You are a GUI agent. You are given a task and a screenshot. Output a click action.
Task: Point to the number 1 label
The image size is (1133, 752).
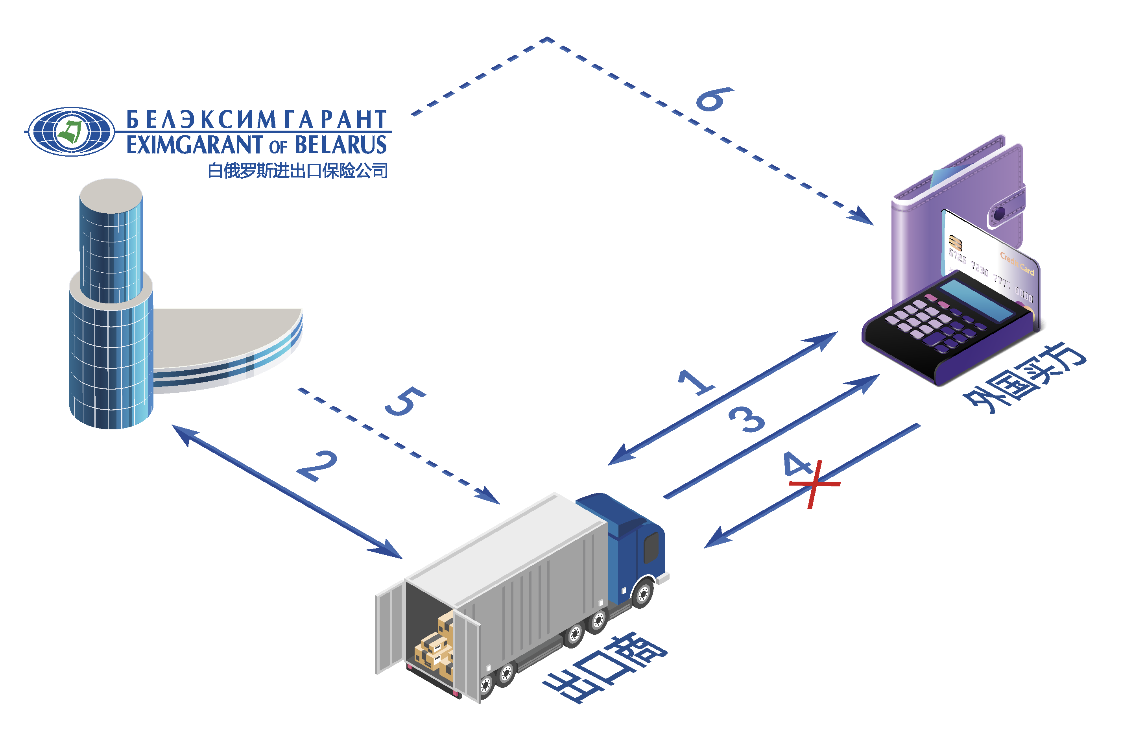pos(696,382)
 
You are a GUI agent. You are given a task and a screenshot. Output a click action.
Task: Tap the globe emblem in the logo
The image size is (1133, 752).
pos(71,131)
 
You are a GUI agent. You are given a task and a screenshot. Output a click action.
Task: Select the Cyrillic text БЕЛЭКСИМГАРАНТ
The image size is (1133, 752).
pos(256,120)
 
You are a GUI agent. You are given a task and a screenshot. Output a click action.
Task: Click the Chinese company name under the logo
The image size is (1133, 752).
pos(297,171)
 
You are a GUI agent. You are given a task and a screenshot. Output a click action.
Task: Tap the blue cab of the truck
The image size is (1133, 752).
pos(633,542)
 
